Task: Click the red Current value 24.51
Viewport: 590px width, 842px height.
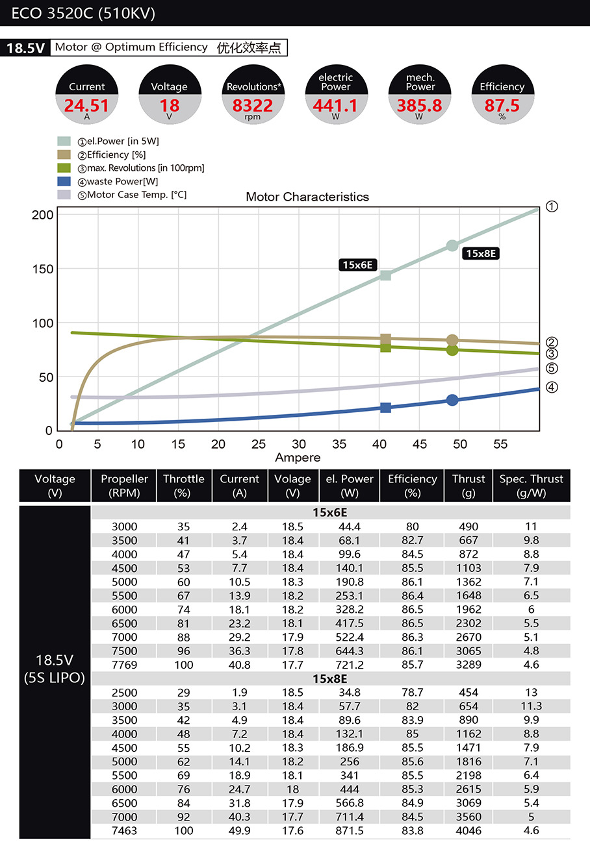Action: pyautogui.click(x=86, y=105)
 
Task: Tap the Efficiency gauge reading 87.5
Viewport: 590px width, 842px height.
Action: pyautogui.click(x=502, y=105)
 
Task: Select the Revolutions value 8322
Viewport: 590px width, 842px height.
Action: pyautogui.click(x=253, y=105)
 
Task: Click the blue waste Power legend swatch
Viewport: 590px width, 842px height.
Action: pyautogui.click(x=64, y=181)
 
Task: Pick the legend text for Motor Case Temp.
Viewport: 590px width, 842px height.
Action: pyautogui.click(x=132, y=195)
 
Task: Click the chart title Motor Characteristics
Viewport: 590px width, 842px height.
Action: pyautogui.click(x=307, y=197)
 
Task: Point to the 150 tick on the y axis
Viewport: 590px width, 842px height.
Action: pyautogui.click(x=42, y=269)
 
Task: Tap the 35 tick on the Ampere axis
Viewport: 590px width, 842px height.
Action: pyautogui.click(x=339, y=444)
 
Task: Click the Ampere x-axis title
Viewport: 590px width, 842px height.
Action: pyautogui.click(x=298, y=458)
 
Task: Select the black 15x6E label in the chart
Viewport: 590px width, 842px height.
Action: pyautogui.click(x=357, y=265)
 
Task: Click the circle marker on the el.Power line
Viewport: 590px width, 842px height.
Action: pyautogui.click(x=452, y=245)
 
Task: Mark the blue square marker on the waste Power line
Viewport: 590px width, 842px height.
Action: pyautogui.click(x=386, y=408)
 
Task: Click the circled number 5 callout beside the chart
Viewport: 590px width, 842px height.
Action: pyautogui.click(x=552, y=368)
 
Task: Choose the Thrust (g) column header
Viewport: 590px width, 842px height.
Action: pyautogui.click(x=468, y=486)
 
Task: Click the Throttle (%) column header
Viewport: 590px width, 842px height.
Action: pyautogui.click(x=184, y=486)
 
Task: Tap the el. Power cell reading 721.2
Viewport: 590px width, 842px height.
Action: pyautogui.click(x=350, y=665)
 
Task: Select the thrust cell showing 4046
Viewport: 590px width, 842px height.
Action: pyautogui.click(x=468, y=830)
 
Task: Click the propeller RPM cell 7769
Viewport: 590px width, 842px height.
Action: pyautogui.click(x=124, y=665)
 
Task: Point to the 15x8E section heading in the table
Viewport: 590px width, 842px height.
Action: pyautogui.click(x=330, y=679)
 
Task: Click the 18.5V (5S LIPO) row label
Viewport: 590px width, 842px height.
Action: pyautogui.click(x=55, y=669)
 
